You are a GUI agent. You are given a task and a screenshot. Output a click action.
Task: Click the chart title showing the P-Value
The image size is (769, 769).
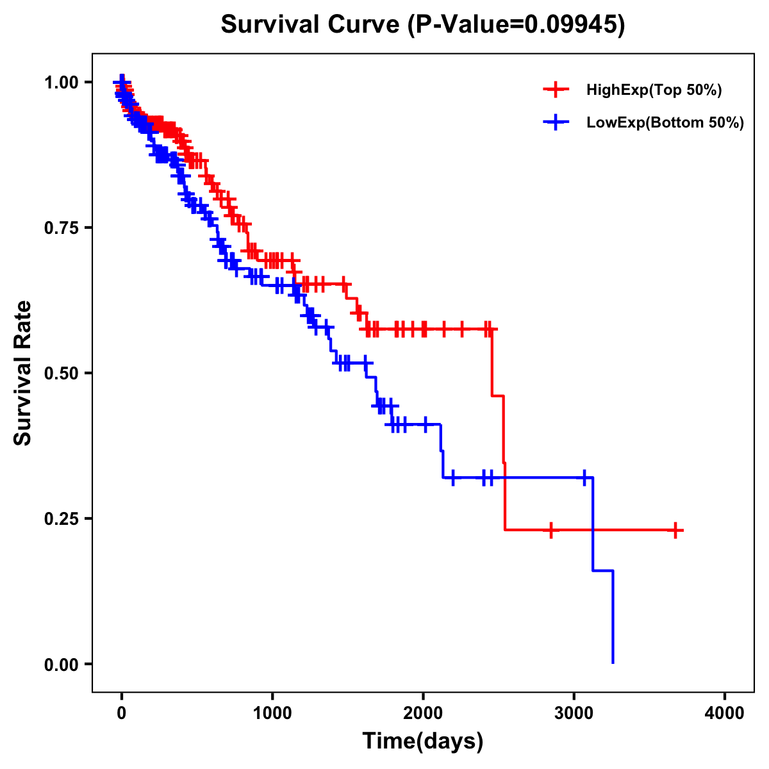coord(422,24)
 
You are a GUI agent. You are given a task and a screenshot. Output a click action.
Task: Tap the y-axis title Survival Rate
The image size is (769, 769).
coord(23,372)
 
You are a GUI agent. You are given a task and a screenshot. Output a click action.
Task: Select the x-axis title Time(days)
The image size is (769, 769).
coord(423,741)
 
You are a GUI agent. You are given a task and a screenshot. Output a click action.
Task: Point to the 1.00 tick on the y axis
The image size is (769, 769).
coord(61,82)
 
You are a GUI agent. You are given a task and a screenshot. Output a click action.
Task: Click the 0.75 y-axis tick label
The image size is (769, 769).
coord(61,227)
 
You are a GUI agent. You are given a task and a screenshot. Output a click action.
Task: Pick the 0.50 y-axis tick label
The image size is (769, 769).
coord(61,373)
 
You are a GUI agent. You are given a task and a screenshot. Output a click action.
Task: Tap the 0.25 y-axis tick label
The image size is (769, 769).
coord(61,518)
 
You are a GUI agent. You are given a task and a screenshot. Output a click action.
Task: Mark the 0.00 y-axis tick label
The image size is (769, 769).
coord(61,664)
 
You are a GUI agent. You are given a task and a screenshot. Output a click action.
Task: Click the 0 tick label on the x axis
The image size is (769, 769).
coord(122,713)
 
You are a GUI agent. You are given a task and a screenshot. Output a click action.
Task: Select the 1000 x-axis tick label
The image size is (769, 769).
coord(272,713)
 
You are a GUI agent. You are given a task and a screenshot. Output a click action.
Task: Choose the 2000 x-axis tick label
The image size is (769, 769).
coord(423,713)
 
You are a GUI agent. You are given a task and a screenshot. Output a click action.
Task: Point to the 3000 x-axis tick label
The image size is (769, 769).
coord(574,713)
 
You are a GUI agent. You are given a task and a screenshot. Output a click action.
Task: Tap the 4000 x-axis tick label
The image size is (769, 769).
coord(725,713)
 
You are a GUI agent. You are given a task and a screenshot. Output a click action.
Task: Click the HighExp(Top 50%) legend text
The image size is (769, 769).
coord(654,90)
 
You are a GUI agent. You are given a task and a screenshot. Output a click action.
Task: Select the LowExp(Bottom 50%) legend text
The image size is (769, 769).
coord(665,122)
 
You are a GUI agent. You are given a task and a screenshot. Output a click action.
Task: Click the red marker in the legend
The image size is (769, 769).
coord(556,90)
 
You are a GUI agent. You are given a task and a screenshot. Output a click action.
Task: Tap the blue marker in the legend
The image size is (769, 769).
coord(556,122)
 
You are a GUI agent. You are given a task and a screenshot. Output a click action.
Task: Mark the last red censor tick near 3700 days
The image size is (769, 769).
coord(675,530)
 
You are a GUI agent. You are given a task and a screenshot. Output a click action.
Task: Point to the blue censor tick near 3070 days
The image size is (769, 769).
coord(584,477)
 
